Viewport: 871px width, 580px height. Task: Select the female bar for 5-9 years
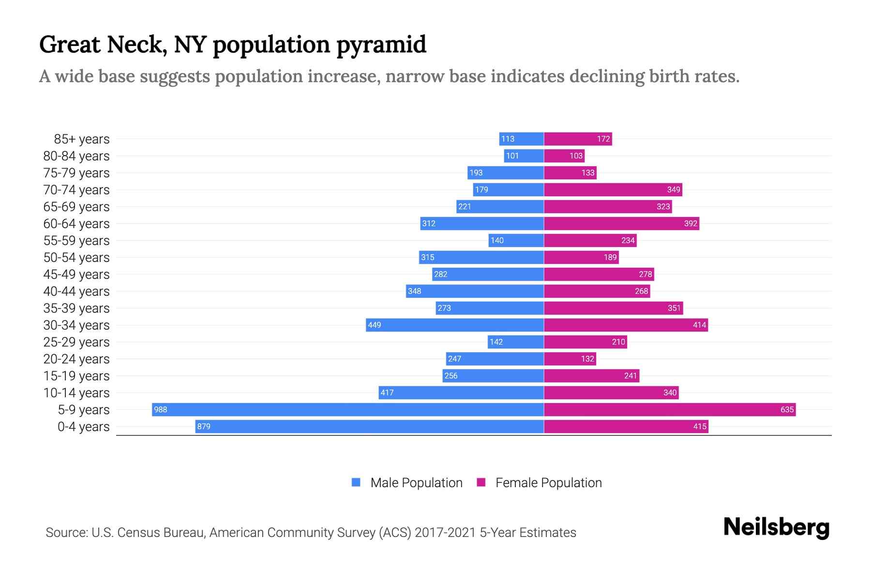point(670,409)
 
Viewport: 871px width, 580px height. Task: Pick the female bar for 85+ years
point(578,139)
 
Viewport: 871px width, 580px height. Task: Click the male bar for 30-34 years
point(455,325)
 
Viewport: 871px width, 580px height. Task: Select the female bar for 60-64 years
point(621,223)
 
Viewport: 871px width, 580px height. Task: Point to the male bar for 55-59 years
point(516,240)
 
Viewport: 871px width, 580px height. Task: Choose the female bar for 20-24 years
point(570,359)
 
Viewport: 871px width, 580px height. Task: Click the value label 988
point(160,410)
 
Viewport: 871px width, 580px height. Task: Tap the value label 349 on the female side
point(674,189)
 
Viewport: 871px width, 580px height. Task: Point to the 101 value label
point(512,156)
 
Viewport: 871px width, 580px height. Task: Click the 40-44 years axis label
point(76,291)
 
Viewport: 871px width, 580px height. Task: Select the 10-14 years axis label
point(76,393)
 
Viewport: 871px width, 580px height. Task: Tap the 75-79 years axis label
point(76,173)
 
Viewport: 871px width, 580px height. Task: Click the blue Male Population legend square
point(356,482)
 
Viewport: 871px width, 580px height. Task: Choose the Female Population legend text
point(548,483)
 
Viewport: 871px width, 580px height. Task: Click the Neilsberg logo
point(776,527)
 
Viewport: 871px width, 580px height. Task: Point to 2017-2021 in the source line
point(445,533)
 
